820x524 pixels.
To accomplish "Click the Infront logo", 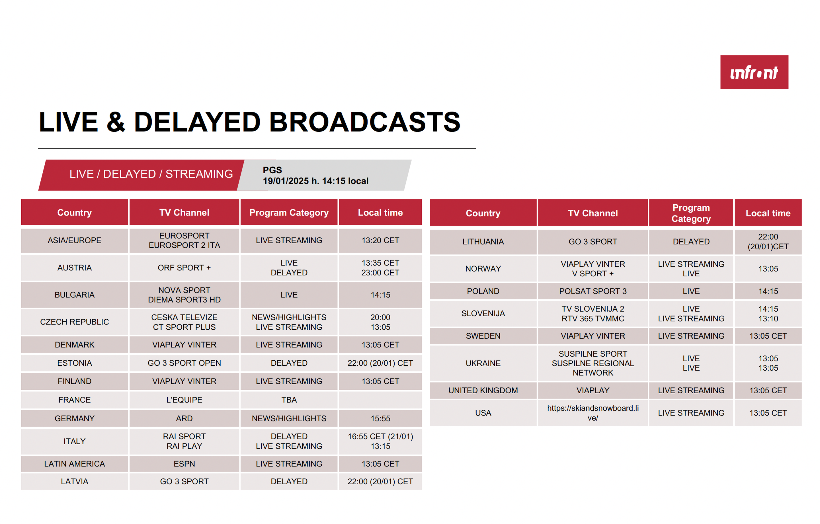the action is click(x=754, y=72).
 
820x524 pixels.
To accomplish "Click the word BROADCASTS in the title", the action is click(x=365, y=122).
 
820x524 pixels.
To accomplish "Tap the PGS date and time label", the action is click(x=316, y=175).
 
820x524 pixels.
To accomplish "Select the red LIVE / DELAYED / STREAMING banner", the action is click(x=141, y=175).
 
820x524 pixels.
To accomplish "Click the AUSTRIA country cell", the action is click(x=74, y=268).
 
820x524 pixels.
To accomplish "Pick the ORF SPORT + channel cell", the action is click(x=184, y=268).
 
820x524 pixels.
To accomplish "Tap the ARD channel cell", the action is click(x=184, y=418).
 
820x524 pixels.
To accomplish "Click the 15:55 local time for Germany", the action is click(x=380, y=418).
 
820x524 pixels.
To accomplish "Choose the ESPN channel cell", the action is click(x=184, y=464).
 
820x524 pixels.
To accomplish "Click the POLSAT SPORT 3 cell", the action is click(x=593, y=291).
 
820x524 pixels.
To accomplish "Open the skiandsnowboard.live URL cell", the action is click(x=593, y=413).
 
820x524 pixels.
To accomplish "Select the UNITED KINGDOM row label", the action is click(x=483, y=390).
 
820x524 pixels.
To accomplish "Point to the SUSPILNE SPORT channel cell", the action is click(x=593, y=363).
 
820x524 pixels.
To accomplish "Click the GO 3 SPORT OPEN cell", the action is click(x=184, y=363).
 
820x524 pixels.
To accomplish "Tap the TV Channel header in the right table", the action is click(x=593, y=213).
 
